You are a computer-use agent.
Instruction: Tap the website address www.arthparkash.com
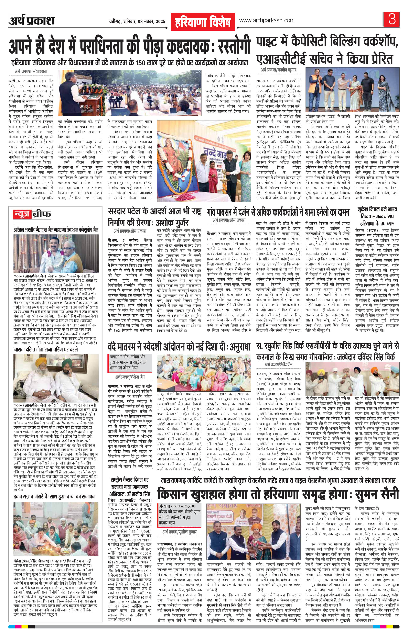(267, 20)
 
